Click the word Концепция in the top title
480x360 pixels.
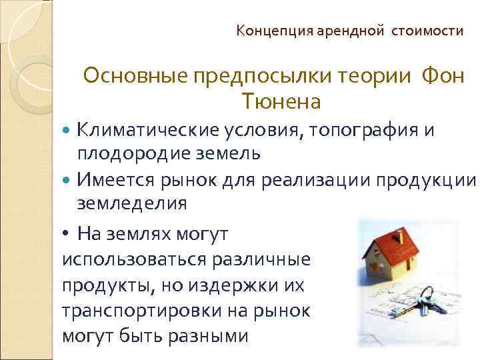(x=265, y=31)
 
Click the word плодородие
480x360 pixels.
(x=134, y=153)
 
